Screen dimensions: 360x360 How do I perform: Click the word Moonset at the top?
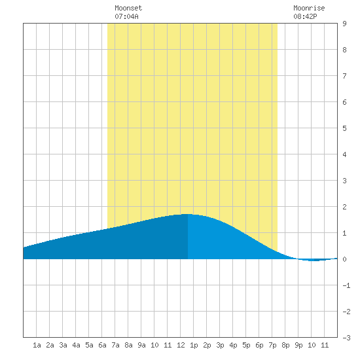128,8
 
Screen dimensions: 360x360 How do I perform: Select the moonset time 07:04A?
126,16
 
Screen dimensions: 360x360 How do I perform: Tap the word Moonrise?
309,8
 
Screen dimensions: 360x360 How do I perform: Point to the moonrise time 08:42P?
305,16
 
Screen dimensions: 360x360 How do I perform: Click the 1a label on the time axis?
37,345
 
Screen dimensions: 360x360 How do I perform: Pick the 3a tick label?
63,345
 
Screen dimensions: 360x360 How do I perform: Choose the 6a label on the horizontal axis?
102,345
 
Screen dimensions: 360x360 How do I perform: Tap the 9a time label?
141,345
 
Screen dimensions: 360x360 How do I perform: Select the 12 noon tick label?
181,345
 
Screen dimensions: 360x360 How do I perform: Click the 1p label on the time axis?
194,345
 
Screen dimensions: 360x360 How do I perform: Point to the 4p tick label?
233,345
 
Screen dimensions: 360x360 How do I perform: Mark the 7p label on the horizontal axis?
272,345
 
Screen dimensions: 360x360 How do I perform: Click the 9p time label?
298,345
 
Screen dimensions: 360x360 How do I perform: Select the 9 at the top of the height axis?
344,24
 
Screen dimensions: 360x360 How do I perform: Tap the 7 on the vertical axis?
344,76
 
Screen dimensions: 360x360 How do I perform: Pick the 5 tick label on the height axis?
344,128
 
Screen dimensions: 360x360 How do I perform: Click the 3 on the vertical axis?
344,181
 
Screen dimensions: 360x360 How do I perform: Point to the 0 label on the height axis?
344,259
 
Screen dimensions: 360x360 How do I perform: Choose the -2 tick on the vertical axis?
346,312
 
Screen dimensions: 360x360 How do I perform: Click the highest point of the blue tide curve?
188,214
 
